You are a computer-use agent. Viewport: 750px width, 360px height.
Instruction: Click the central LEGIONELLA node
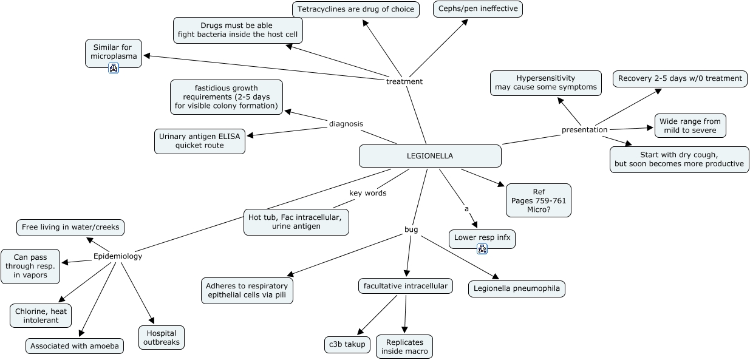click(430, 156)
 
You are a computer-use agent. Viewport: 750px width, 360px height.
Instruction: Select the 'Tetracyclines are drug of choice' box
click(356, 9)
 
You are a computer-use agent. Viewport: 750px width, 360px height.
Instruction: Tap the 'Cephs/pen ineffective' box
click(477, 9)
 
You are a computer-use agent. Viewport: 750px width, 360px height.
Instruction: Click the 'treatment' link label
click(404, 81)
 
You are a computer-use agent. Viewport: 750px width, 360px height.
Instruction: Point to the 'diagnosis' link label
click(346, 124)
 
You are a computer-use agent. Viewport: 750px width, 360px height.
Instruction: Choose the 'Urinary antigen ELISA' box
click(200, 141)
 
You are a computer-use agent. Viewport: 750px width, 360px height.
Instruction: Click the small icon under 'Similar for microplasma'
click(114, 68)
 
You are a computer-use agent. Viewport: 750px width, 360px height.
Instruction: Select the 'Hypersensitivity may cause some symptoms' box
click(545, 83)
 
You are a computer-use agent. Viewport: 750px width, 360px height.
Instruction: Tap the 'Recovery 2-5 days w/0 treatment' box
click(680, 78)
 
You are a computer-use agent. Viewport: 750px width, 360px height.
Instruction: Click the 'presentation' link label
click(584, 129)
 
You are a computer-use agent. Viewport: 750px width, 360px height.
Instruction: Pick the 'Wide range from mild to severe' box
click(690, 126)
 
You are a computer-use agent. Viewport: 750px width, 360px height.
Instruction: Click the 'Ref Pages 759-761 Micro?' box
click(538, 200)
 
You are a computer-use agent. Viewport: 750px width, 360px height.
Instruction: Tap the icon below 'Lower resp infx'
click(482, 248)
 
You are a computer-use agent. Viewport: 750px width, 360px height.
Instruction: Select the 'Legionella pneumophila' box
click(517, 288)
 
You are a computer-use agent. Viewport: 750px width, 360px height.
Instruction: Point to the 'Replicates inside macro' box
click(404, 347)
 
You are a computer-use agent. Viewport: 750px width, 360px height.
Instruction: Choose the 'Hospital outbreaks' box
click(162, 338)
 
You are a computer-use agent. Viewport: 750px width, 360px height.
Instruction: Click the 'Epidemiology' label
click(118, 256)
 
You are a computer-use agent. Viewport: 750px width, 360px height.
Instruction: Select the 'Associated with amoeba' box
click(75, 346)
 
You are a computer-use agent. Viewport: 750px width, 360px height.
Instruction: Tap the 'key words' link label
click(367, 193)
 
